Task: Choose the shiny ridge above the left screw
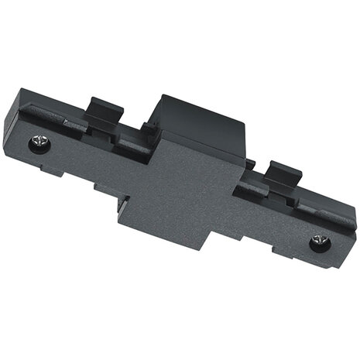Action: (x=46, y=120)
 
